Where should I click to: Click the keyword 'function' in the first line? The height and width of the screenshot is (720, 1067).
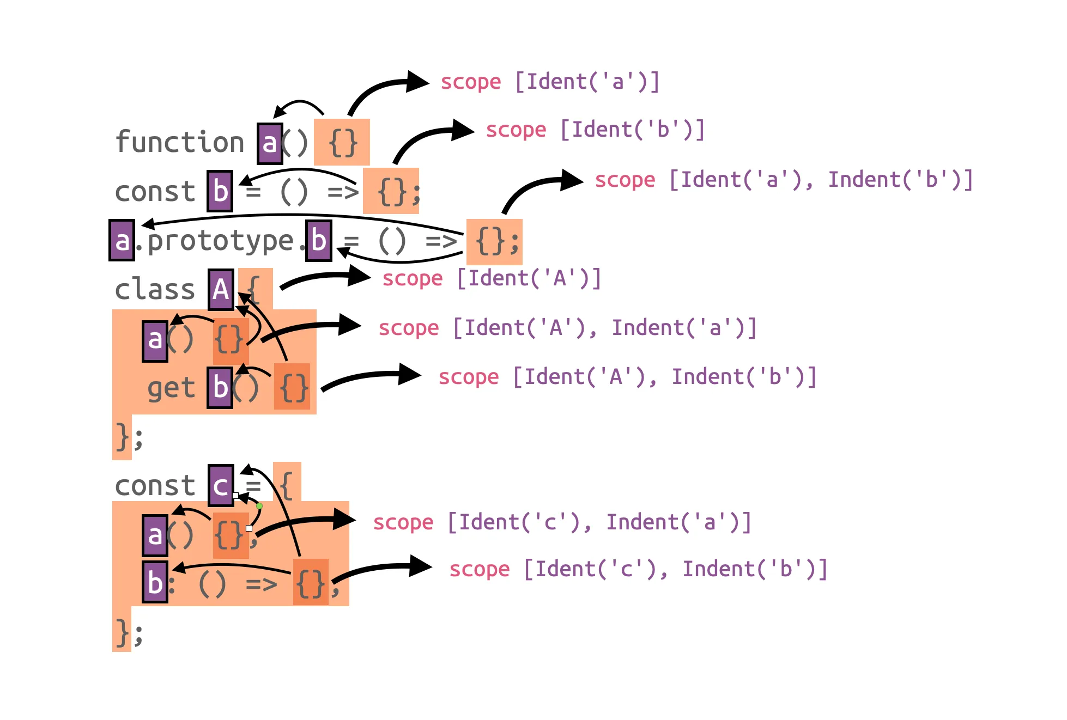click(x=179, y=143)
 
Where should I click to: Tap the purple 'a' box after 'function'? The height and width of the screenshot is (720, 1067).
click(x=270, y=144)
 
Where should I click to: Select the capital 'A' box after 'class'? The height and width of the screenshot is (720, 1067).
click(x=221, y=289)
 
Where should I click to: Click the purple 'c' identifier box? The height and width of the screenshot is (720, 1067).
click(x=221, y=485)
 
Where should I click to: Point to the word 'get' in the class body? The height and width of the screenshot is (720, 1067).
click(x=171, y=388)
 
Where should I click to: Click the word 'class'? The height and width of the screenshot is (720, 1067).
click(x=155, y=289)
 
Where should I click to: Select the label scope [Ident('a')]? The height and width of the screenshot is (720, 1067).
click(x=550, y=82)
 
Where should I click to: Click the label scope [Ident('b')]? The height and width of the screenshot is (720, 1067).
click(x=595, y=130)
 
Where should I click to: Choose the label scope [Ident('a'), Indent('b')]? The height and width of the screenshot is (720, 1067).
click(x=784, y=180)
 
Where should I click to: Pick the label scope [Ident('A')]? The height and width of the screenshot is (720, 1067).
click(x=492, y=278)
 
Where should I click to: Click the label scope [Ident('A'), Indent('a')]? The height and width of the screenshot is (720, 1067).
click(x=567, y=328)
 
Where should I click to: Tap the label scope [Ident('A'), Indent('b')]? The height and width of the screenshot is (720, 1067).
click(x=627, y=377)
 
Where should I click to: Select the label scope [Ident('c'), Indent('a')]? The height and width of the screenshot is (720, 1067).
click(x=562, y=522)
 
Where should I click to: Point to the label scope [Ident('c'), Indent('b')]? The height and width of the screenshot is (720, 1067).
click(x=638, y=569)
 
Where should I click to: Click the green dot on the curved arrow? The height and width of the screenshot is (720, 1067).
click(x=259, y=506)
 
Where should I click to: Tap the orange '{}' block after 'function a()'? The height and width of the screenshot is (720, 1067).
click(x=342, y=143)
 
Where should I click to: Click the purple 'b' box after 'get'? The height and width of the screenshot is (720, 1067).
click(x=220, y=387)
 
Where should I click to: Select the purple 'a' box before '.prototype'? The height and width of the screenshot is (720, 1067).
click(x=122, y=240)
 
